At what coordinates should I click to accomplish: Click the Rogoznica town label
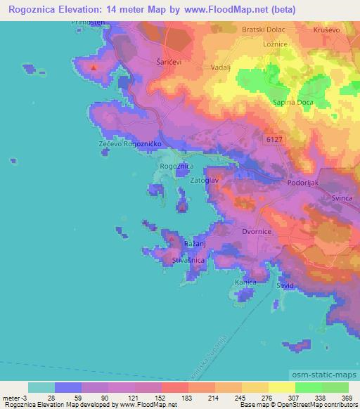click(x=176, y=166)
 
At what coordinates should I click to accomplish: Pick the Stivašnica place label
click(x=188, y=260)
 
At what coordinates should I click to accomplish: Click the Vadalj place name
click(x=220, y=68)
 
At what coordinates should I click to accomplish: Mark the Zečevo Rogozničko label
click(x=131, y=143)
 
